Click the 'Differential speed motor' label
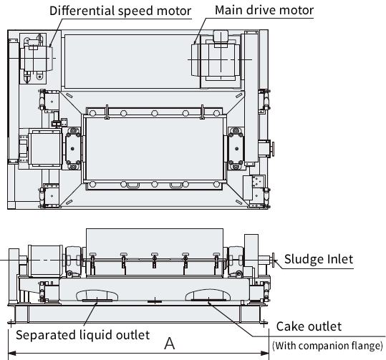(120, 11)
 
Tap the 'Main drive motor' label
(264, 10)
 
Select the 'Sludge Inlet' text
(319, 259)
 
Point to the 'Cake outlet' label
(309, 326)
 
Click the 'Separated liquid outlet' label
(83, 335)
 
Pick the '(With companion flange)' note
(328, 346)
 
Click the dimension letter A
(170, 344)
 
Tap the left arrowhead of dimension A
(12, 354)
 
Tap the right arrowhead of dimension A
(265, 354)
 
